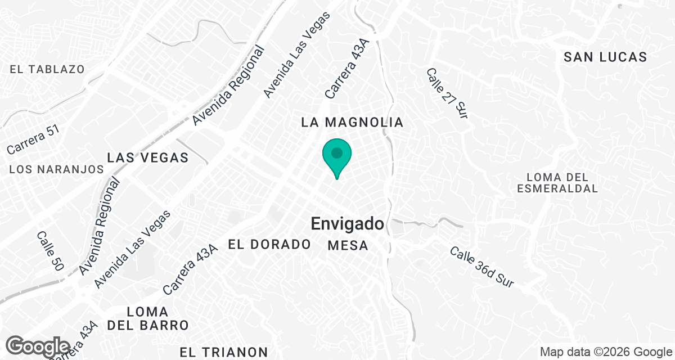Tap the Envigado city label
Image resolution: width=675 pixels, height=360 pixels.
pyautogui.click(x=348, y=224)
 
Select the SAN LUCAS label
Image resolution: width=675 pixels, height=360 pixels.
pyautogui.click(x=605, y=57)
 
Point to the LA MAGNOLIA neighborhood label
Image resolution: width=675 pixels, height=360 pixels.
pyautogui.click(x=353, y=122)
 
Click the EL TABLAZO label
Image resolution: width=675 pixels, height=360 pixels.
pyautogui.click(x=47, y=69)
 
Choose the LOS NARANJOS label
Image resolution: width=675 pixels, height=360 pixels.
pyautogui.click(x=57, y=169)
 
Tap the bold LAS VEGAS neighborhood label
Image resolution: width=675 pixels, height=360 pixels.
pyautogui.click(x=148, y=157)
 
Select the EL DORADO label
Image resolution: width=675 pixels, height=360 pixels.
pyautogui.click(x=269, y=244)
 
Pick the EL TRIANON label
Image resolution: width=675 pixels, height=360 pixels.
pyautogui.click(x=224, y=352)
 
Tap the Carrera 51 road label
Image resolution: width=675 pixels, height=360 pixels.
pyautogui.click(x=33, y=139)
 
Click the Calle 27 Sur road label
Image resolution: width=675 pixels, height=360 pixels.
pyautogui.click(x=447, y=93)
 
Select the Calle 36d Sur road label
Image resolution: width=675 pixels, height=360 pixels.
pyautogui.click(x=481, y=268)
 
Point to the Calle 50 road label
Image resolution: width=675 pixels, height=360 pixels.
pyautogui.click(x=49, y=251)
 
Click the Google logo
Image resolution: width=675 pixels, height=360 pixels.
pyautogui.click(x=38, y=345)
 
